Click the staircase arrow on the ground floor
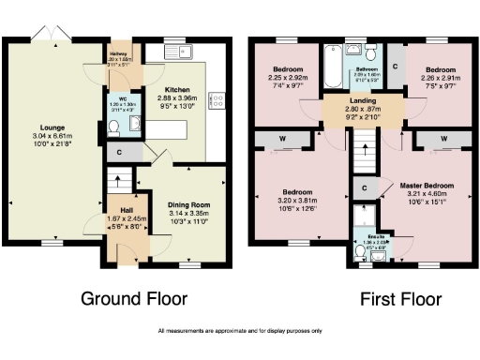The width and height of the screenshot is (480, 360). click(x=118, y=178)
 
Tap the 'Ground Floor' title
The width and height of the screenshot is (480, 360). click(x=134, y=300)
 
